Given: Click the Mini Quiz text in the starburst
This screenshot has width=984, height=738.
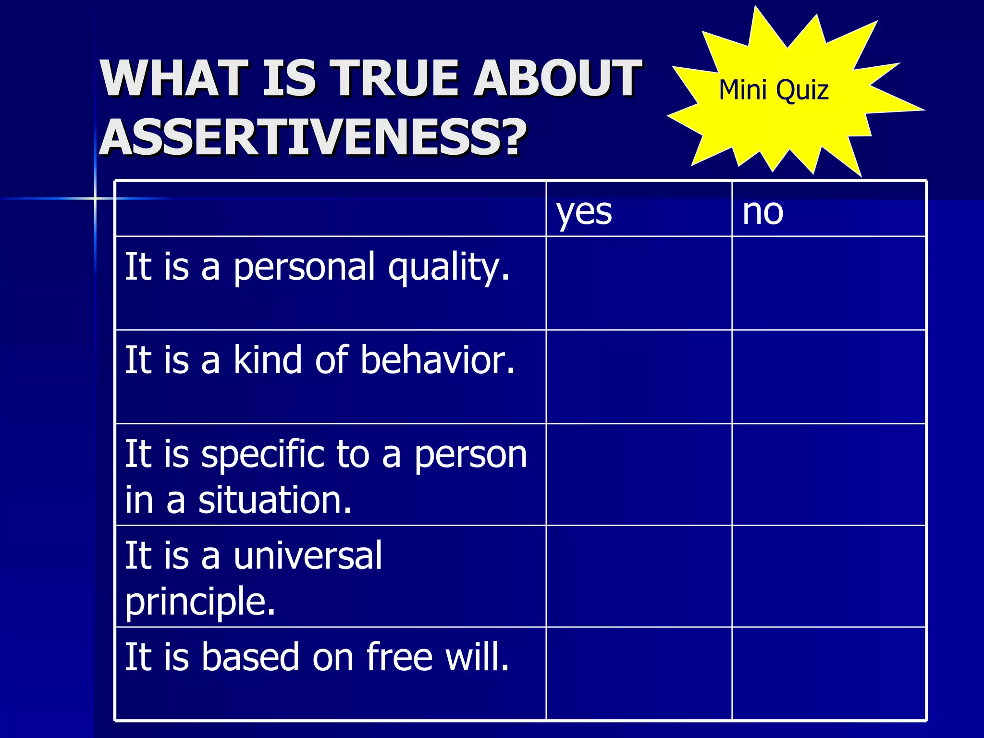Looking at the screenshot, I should (x=774, y=90).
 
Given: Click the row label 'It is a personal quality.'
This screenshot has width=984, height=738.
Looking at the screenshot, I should (x=317, y=267).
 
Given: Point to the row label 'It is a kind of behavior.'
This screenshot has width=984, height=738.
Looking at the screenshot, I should (x=320, y=360).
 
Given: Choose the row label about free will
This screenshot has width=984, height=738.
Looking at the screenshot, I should (x=317, y=657).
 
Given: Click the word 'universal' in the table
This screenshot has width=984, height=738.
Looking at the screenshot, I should (x=307, y=556).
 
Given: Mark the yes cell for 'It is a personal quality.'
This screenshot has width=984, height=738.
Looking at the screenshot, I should (x=639, y=283).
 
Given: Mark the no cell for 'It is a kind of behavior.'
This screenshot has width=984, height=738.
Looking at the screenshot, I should (x=829, y=377).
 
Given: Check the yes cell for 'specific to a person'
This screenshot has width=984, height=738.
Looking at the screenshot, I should (x=639, y=475).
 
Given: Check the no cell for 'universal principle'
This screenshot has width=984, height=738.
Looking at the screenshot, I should (x=829, y=576).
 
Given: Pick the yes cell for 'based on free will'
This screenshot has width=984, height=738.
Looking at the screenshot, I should (x=639, y=674).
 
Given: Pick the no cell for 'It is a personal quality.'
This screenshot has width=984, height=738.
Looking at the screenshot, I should (x=829, y=283).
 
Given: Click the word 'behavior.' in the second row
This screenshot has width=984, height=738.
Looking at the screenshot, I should (x=437, y=360).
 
